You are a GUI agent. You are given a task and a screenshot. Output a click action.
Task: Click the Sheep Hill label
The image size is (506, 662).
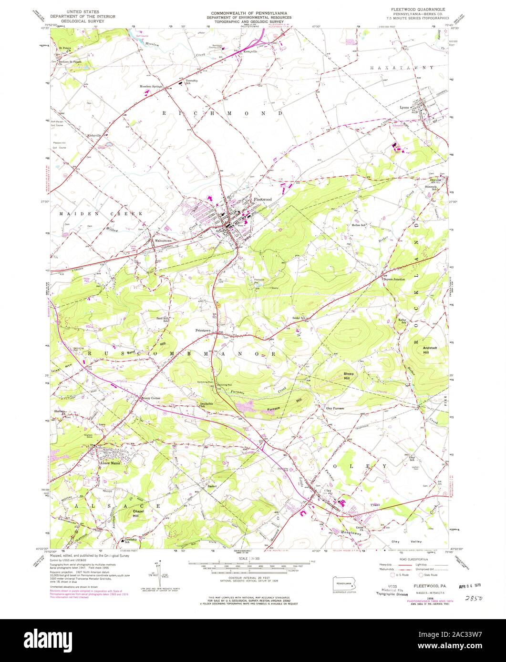point(350,376)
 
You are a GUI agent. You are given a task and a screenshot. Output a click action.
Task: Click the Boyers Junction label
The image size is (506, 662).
point(392,279)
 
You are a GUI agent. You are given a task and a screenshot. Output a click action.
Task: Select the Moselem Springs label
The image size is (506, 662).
point(151,87)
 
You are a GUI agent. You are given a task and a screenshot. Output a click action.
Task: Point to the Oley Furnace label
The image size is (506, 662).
point(335,408)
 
